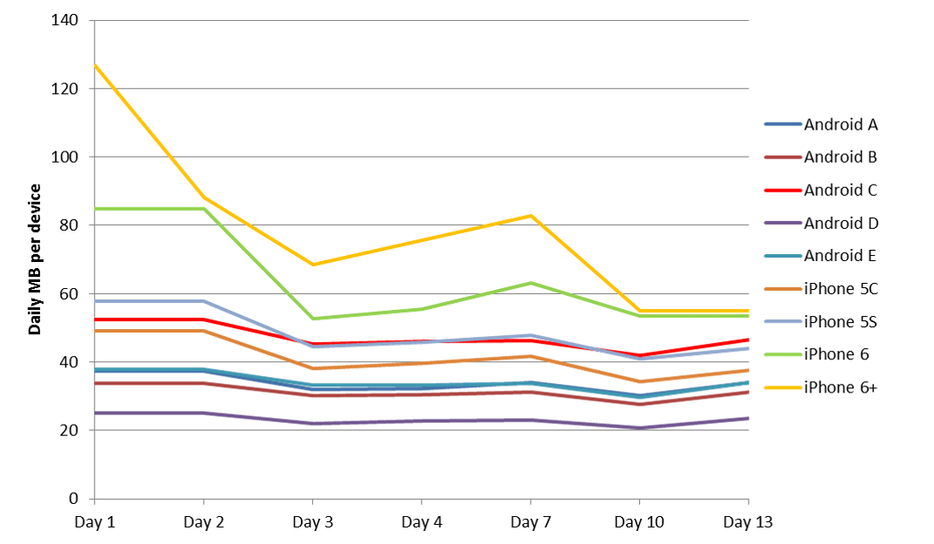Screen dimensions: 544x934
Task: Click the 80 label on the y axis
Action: pos(71,225)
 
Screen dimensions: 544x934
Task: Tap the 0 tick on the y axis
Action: pos(76,499)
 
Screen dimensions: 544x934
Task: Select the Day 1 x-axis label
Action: pos(94,522)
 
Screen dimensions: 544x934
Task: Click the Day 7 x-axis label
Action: pos(530,522)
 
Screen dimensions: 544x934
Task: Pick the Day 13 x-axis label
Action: pos(748,522)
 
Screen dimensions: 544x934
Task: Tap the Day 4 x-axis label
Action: pos(422,522)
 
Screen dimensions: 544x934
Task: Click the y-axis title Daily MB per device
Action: pos(36,259)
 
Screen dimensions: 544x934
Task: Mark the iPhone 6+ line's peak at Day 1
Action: pos(95,65)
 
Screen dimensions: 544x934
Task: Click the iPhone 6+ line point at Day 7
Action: pos(530,215)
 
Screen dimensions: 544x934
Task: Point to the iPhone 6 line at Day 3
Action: pos(312,319)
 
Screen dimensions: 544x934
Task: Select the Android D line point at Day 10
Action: pos(640,428)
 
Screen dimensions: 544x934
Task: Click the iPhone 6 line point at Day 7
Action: pos(530,283)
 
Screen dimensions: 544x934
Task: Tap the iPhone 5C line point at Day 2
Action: pos(203,331)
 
